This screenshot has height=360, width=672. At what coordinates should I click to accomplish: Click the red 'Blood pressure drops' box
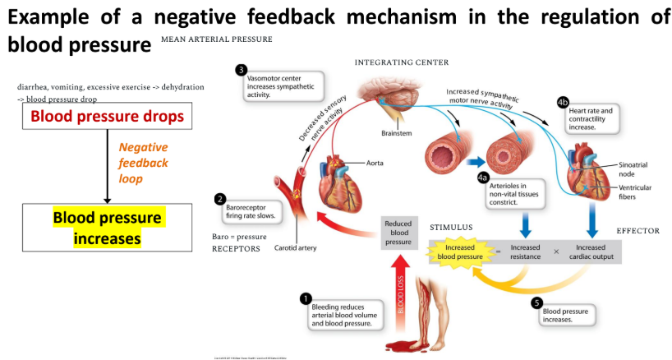coord(107,117)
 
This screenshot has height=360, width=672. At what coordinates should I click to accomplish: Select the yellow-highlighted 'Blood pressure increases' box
coord(107,228)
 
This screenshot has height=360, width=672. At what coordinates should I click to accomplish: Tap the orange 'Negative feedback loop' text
coord(143,163)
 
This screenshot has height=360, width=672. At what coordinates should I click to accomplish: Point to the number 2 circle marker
coord(219,199)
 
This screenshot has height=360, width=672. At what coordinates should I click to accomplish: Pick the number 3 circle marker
coord(241,70)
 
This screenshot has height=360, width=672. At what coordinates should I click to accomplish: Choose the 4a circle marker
coord(483,177)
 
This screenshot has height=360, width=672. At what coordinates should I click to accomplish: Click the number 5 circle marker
coord(538,302)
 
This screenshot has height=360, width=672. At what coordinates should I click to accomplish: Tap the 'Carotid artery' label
coord(294,247)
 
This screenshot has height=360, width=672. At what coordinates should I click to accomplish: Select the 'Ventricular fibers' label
coord(634,192)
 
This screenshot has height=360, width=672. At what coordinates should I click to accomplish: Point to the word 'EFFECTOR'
coord(637,231)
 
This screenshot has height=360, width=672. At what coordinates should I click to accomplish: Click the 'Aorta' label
coord(375,163)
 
